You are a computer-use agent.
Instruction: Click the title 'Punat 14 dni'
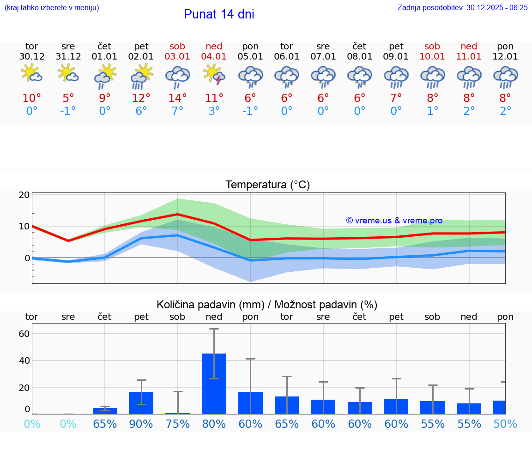tap(219, 14)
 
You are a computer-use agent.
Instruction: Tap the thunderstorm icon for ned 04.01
tap(214, 75)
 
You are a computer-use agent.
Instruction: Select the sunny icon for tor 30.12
tap(31, 74)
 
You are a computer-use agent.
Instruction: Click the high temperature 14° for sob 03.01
tap(177, 98)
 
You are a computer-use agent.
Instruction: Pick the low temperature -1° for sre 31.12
tap(68, 111)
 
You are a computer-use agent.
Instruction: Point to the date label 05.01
tap(250, 57)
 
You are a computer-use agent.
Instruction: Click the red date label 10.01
tap(432, 57)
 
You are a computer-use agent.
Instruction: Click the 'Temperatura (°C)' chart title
tap(267, 185)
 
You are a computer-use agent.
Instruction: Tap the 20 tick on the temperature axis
tap(24, 195)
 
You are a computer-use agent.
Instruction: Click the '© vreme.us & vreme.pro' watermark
tap(394, 221)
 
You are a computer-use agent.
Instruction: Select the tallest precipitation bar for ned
tap(214, 384)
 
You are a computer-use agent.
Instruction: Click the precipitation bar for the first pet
tap(141, 402)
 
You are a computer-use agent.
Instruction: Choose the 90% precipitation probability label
tap(141, 424)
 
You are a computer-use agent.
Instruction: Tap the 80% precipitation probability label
tap(214, 424)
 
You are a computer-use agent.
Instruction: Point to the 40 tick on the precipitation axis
tap(24, 360)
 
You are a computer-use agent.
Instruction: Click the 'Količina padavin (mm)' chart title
tap(267, 305)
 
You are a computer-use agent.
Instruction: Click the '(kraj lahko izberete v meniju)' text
tap(52, 7)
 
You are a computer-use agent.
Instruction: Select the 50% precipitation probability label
tap(505, 424)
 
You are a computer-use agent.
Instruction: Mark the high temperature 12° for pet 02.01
tap(141, 98)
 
